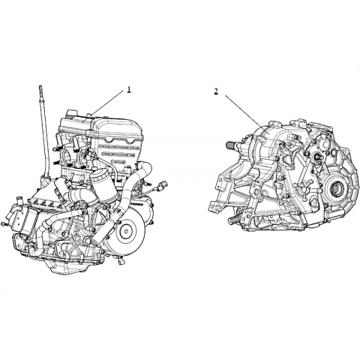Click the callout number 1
tap(129, 89)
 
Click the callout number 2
tap(216, 91)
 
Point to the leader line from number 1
tap(108, 103)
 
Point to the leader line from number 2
tap(244, 112)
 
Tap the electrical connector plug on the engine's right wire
tap(163, 185)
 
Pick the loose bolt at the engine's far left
tap(4, 223)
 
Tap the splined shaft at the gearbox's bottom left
tap(235, 220)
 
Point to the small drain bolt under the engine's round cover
tap(121, 260)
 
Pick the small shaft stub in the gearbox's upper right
tap(317, 157)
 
